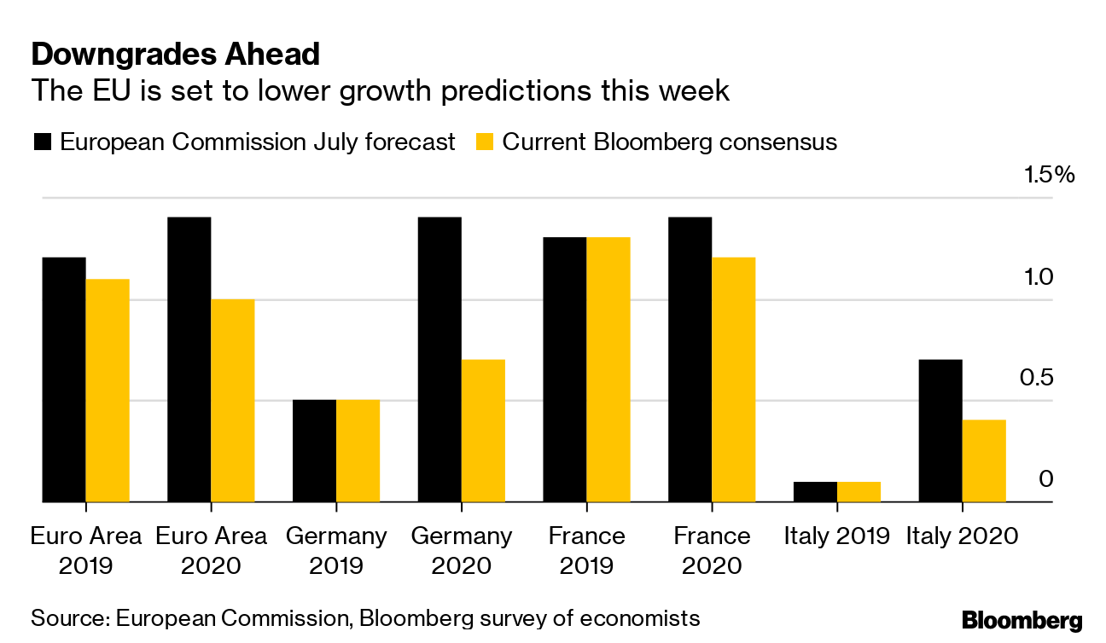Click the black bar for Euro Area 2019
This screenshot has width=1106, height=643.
(x=64, y=379)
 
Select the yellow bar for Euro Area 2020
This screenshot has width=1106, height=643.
(x=232, y=401)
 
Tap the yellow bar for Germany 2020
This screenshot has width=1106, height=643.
(x=483, y=431)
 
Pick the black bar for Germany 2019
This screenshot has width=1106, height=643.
(x=314, y=451)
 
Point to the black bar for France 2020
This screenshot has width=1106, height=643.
(x=690, y=360)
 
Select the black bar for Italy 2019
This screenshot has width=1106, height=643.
(x=815, y=492)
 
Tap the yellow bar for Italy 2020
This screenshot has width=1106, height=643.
(x=984, y=461)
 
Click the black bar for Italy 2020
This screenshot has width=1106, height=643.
(x=940, y=431)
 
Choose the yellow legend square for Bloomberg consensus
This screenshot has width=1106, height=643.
(x=484, y=142)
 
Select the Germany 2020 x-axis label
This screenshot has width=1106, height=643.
(x=462, y=551)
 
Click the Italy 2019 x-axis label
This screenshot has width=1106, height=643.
(x=837, y=536)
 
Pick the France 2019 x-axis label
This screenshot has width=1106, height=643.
(x=587, y=551)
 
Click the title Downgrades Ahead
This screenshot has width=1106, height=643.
(x=175, y=55)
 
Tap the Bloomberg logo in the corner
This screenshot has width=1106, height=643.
(x=1022, y=620)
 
